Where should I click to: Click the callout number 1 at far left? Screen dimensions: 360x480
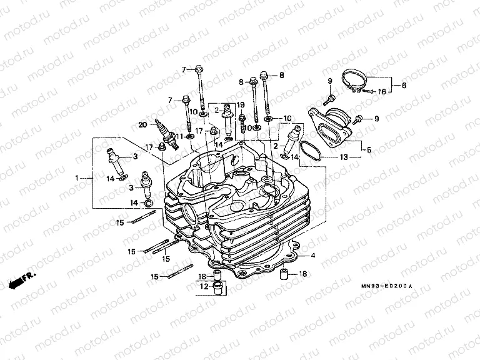tap(77, 179)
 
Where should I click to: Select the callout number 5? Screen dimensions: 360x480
tap(369, 150)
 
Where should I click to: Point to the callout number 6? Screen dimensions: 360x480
tap(404, 85)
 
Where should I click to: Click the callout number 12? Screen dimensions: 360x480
tap(204, 286)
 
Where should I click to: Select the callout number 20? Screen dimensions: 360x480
tap(142, 124)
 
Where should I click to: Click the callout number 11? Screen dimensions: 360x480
tap(179, 136)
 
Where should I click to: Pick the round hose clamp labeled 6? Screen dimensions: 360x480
tap(354, 81)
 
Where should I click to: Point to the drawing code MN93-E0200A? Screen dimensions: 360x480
tap(387, 286)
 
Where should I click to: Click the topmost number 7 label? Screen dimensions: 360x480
tap(184, 69)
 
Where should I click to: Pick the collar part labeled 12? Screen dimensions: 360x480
tap(218, 287)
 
